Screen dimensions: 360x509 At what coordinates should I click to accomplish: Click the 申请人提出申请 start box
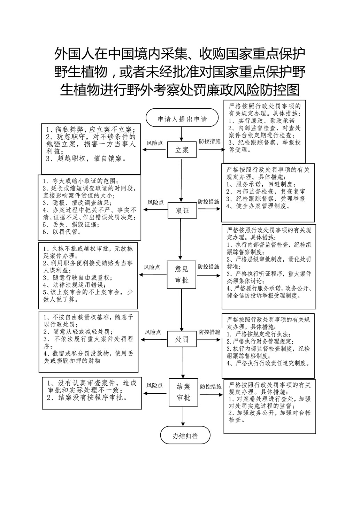[182, 117]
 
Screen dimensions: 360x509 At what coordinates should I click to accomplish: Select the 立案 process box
[182, 150]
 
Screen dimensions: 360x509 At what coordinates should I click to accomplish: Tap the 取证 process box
[182, 210]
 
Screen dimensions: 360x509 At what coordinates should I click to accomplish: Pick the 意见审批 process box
[181, 275]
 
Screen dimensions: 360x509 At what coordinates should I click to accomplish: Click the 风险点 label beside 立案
[154, 143]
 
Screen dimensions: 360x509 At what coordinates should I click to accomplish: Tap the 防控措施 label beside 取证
[208, 202]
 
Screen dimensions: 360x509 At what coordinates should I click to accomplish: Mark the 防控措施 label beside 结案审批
[211, 386]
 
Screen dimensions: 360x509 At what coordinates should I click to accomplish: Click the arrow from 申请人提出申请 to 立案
[181, 134]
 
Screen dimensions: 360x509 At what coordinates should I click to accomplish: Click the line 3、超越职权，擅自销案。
[86, 159]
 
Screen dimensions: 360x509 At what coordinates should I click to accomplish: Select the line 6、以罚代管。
[62, 232]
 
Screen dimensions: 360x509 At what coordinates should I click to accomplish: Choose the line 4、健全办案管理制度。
[259, 206]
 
